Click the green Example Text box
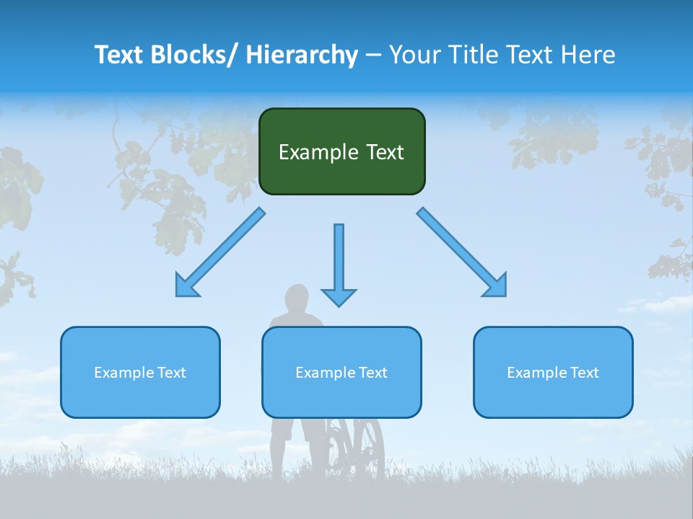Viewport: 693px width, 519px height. (341, 151)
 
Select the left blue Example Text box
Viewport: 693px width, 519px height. (140, 372)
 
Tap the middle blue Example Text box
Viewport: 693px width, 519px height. (341, 372)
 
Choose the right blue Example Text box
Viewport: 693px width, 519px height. (553, 372)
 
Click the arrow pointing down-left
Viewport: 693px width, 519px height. (220, 252)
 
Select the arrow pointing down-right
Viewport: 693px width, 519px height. (462, 252)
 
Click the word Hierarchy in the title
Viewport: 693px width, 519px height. (302, 55)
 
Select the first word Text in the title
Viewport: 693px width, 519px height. (120, 55)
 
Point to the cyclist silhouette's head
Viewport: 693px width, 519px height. (296, 297)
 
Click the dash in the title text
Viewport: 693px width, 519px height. (372, 56)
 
